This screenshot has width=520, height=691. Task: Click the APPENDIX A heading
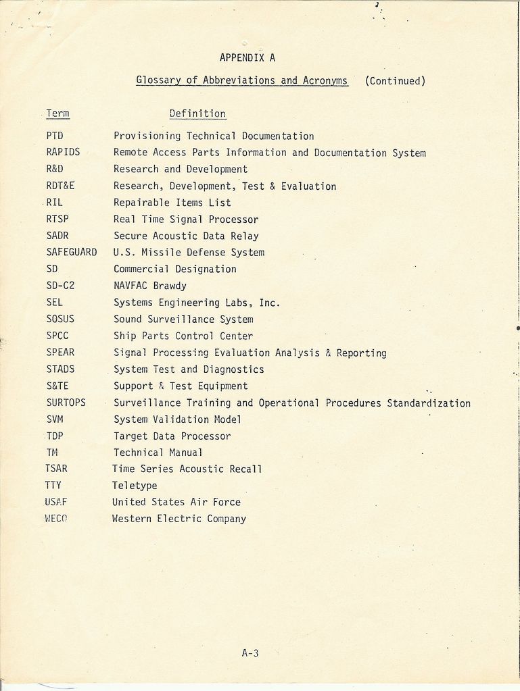pos(247,58)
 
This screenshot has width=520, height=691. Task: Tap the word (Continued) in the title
pos(395,81)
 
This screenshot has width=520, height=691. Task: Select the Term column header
pos(57,113)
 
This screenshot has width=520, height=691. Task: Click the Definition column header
pos(197,113)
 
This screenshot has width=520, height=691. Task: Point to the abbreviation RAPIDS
pos(63,153)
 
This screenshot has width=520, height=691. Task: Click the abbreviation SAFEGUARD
pos(72,253)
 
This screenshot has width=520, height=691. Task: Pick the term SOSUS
pos(60,319)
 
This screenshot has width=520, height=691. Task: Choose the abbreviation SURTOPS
pos(66,403)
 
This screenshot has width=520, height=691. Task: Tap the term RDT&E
pos(60,186)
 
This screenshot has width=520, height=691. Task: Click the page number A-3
pos(250,653)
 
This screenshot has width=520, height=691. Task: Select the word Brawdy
pos(169,286)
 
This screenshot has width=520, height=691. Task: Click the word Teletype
pos(135,486)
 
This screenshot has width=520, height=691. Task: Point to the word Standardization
pos(429,403)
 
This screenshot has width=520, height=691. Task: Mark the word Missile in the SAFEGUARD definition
pos(161,253)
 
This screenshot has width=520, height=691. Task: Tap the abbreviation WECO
pos(57,519)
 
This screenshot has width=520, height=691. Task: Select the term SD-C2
pos(60,286)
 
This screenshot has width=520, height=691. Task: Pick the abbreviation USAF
pos(57,502)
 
